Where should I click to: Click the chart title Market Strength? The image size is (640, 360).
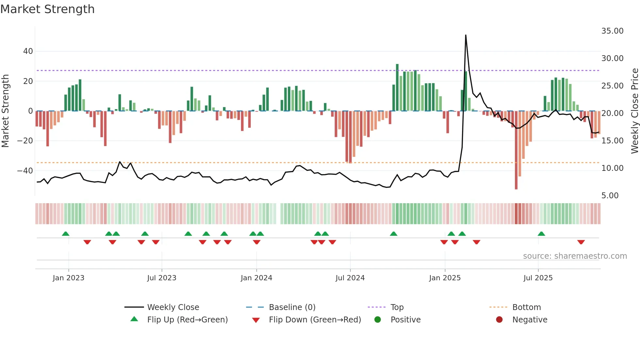[47, 9]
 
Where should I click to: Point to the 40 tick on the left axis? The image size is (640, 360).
[28, 51]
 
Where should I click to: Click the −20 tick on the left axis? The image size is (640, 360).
[25, 141]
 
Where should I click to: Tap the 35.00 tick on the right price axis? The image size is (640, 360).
[612, 31]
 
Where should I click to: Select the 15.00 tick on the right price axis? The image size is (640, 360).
[612, 141]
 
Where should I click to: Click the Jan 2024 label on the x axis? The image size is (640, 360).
[256, 278]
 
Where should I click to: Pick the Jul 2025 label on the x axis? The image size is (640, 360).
[538, 278]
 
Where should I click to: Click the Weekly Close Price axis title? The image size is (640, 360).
[634, 111]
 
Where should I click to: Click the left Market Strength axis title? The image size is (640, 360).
[5, 111]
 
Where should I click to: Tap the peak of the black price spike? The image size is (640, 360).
[466, 35]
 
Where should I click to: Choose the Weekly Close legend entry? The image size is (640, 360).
[173, 307]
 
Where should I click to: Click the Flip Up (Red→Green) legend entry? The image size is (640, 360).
[187, 320]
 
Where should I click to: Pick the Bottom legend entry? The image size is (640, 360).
[526, 307]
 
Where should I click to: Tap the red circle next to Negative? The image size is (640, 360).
[499, 320]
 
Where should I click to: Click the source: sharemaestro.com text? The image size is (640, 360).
[575, 256]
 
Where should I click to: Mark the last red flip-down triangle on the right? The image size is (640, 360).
[581, 242]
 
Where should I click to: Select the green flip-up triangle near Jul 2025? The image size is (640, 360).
[541, 234]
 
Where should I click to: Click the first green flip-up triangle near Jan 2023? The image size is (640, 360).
[66, 234]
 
